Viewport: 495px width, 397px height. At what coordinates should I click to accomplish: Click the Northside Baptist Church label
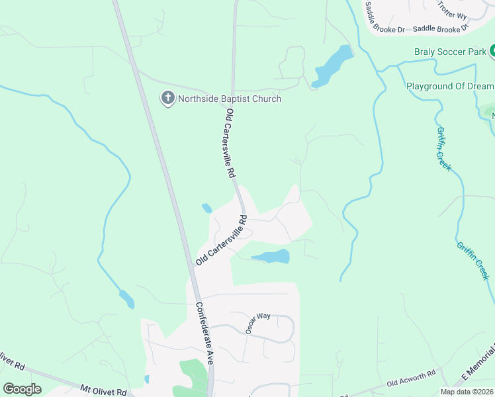click(x=230, y=99)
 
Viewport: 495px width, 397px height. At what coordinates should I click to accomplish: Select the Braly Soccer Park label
click(x=450, y=52)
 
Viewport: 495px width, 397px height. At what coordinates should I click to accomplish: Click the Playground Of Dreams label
click(x=450, y=87)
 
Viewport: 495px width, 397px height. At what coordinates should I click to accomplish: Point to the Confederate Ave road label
click(x=204, y=334)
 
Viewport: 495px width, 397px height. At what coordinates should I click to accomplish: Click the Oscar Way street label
click(x=258, y=322)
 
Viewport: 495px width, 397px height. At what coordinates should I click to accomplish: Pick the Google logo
click(x=22, y=389)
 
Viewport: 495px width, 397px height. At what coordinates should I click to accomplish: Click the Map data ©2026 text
click(x=467, y=392)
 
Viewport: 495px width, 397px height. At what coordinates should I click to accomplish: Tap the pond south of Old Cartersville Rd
click(x=271, y=257)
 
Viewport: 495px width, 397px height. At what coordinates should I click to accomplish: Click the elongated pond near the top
click(x=332, y=66)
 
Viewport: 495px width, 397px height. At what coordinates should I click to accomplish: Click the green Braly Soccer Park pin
click(x=492, y=51)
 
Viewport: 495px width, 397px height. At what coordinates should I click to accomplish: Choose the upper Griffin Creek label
click(x=443, y=149)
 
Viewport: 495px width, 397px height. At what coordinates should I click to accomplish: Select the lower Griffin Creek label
click(x=472, y=259)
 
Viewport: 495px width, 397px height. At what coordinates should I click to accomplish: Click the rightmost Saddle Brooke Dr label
click(x=441, y=29)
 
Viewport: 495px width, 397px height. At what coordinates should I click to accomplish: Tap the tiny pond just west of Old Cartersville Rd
click(x=206, y=208)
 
